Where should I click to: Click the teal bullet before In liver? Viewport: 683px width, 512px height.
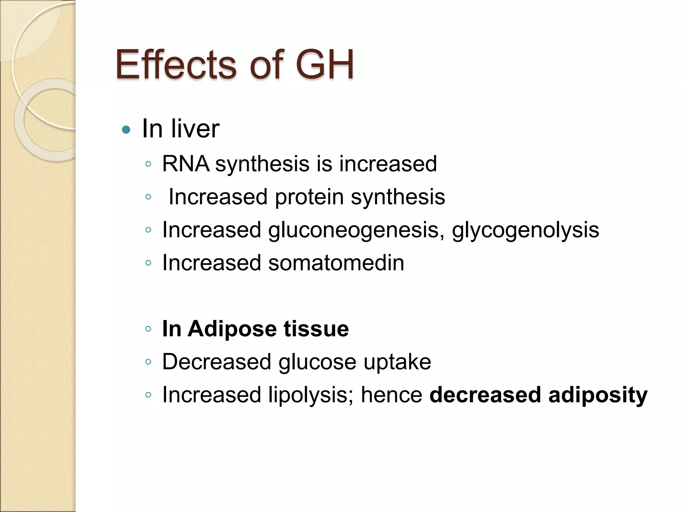click(126, 129)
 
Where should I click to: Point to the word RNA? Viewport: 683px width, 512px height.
click(186, 164)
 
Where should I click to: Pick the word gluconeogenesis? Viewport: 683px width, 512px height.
click(353, 230)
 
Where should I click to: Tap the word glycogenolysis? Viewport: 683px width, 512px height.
click(525, 230)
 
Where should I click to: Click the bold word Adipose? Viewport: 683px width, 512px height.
click(232, 329)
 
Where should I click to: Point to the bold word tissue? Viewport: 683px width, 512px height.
click(316, 329)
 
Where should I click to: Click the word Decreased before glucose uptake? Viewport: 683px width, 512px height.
click(217, 362)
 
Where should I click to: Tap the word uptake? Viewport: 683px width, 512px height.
click(397, 362)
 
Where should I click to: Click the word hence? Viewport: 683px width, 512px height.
click(392, 395)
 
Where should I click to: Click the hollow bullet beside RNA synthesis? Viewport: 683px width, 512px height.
click(148, 164)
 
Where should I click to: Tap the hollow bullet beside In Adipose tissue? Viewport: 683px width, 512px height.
click(148, 329)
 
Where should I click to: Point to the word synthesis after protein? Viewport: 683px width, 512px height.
click(398, 197)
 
